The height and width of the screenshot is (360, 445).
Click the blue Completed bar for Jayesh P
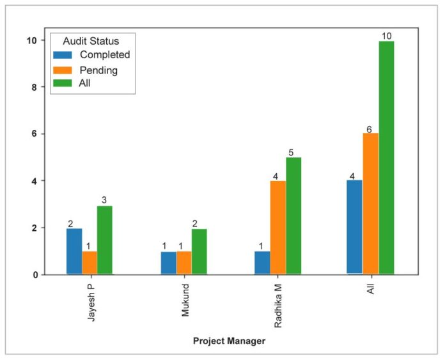coord(74,251)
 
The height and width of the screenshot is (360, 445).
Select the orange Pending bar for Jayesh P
coord(90,263)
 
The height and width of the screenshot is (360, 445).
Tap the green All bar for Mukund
coord(199,251)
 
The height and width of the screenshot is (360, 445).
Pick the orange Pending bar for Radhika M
coord(277,228)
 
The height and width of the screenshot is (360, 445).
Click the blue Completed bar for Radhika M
coord(262,263)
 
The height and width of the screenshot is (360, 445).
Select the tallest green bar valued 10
coord(386,158)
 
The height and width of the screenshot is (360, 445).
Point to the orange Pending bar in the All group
coord(371,204)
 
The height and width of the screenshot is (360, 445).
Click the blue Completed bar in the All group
coord(355,227)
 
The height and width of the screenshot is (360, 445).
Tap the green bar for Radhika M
coord(293,215)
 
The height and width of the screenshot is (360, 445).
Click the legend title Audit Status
coord(90,40)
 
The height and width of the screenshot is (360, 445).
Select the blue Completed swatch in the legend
coord(63,55)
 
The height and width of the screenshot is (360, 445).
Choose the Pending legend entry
coord(98,70)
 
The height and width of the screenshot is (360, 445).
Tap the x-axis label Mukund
coord(184,297)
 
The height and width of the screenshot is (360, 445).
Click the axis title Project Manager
coord(229,341)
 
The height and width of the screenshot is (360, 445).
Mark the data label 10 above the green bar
coord(386,36)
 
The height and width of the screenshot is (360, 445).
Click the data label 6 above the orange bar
coord(369,129)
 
